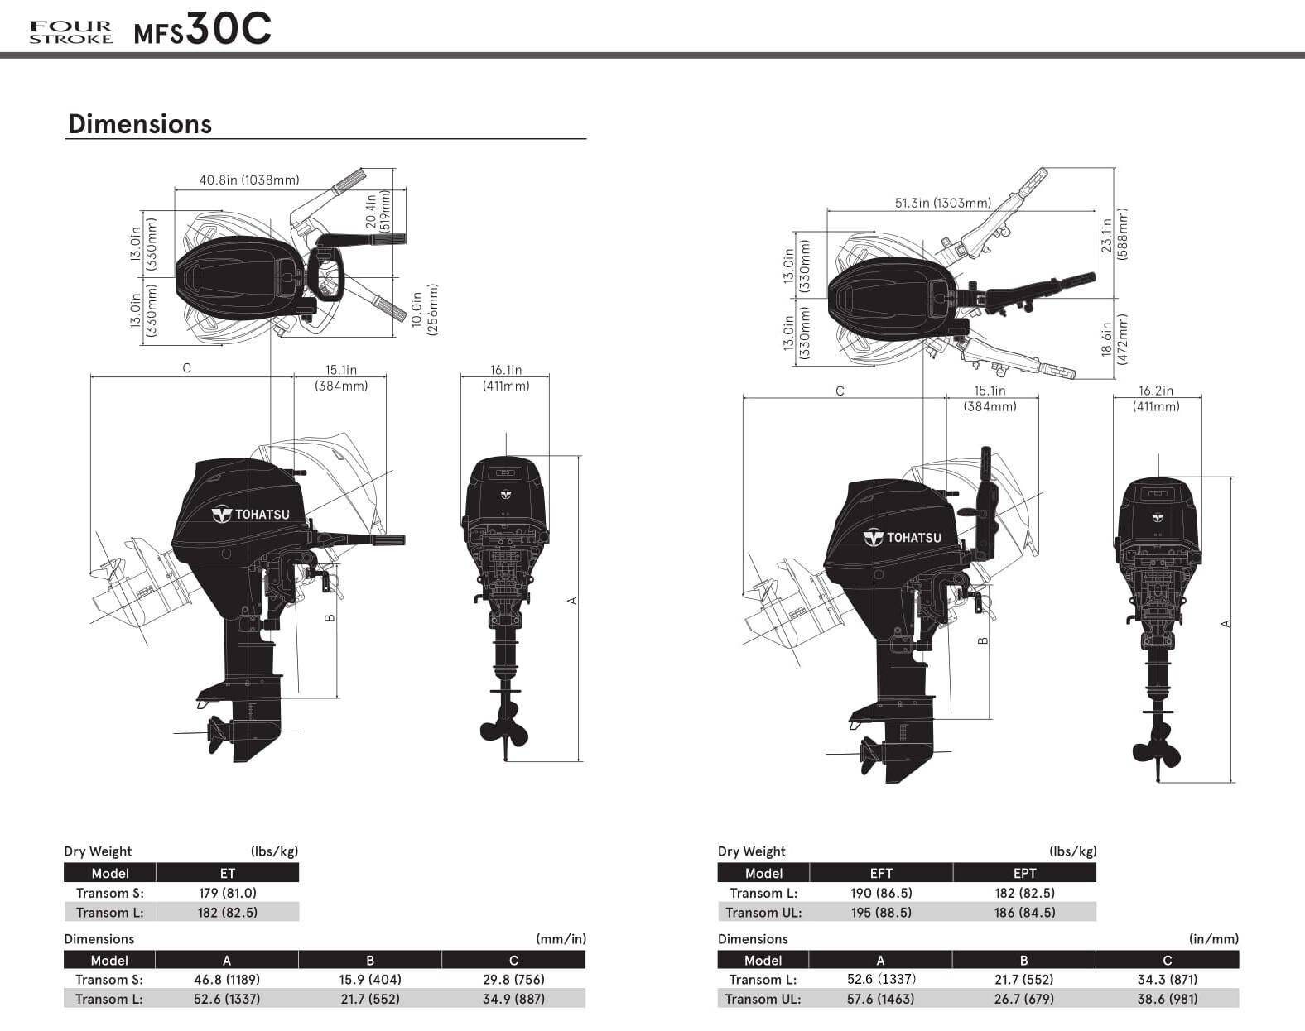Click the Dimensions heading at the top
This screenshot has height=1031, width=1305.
140,124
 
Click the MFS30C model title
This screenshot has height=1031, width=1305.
202,31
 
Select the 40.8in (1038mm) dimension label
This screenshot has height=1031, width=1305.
249,180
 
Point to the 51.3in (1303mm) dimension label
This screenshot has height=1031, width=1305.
942,203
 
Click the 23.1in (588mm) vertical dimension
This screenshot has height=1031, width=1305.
1114,233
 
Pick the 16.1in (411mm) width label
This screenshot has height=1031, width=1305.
506,378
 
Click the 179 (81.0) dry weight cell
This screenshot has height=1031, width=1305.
227,893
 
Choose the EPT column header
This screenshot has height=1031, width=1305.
1024,873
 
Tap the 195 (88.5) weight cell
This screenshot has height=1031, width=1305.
881,913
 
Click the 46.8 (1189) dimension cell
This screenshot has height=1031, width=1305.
227,980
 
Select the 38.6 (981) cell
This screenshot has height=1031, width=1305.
1167,999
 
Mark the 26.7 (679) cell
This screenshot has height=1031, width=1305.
1023,999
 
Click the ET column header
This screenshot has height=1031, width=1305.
227,873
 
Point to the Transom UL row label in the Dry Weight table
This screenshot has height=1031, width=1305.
763,913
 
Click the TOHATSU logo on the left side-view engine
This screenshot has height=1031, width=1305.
252,515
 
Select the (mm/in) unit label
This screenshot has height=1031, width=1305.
561,939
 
